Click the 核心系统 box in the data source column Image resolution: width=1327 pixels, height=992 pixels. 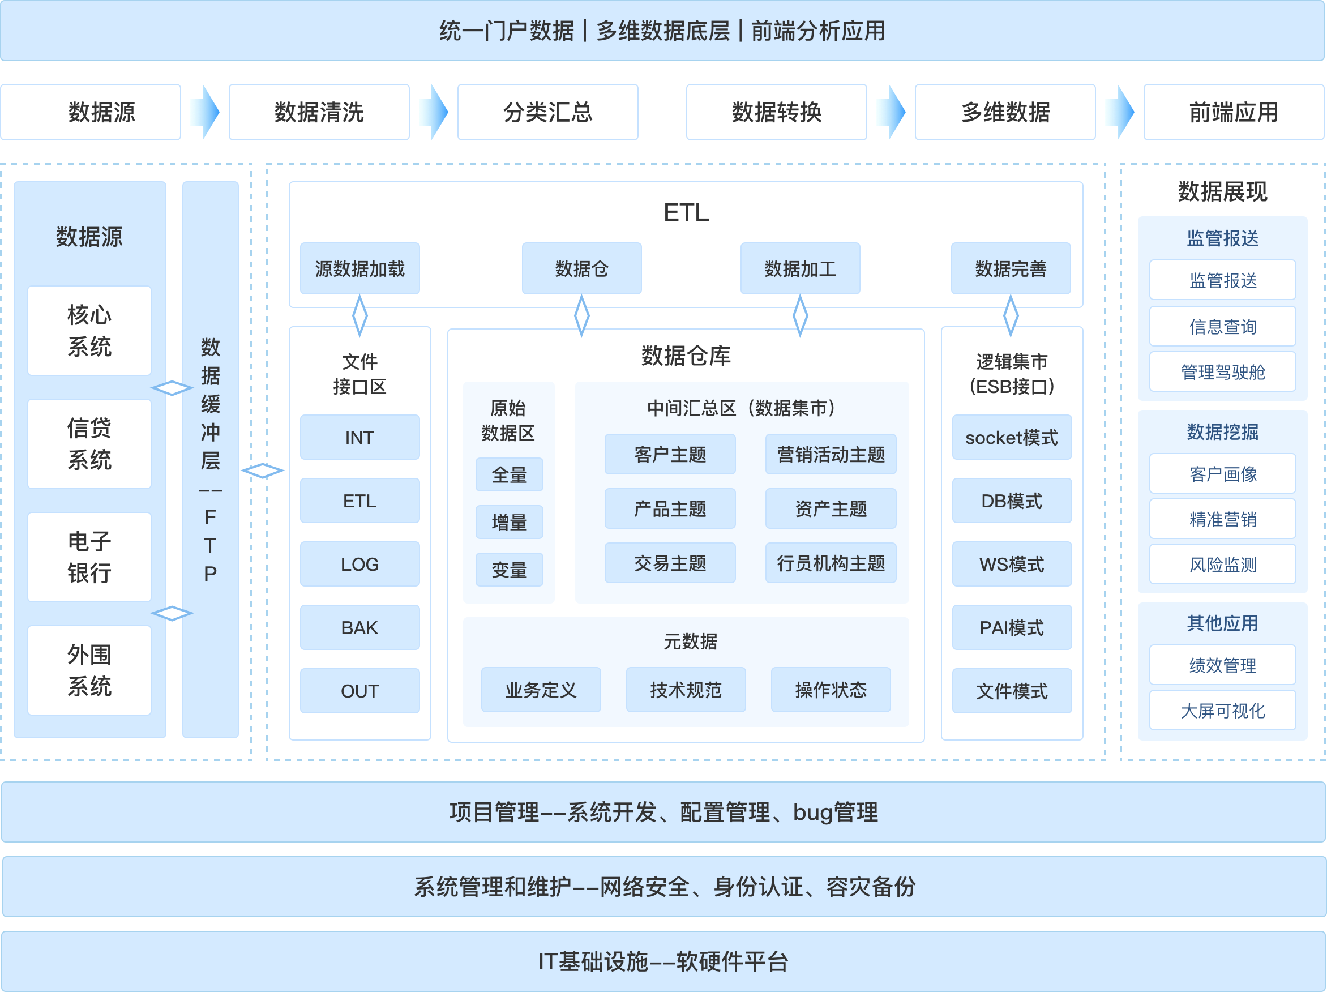click(89, 331)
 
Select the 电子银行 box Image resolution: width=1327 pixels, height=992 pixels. click(89, 557)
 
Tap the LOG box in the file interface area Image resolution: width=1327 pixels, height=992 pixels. click(359, 564)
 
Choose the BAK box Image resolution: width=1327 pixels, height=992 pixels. click(359, 628)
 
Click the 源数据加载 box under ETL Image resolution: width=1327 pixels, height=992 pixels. click(359, 269)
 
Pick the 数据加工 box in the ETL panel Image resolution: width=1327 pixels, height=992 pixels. click(800, 269)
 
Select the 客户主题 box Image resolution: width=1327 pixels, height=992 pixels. click(670, 454)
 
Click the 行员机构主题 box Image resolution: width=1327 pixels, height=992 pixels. click(831, 563)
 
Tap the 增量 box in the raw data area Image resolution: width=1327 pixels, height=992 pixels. click(509, 522)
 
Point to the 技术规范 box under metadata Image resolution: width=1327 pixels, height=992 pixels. click(686, 690)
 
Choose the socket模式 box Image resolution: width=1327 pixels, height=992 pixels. click(1012, 438)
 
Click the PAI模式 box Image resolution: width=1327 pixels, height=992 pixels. click(1012, 628)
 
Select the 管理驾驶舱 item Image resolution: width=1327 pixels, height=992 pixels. click(1222, 372)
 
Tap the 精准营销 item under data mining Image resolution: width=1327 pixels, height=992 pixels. click(1222, 519)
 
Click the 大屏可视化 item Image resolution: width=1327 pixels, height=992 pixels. click(1222, 711)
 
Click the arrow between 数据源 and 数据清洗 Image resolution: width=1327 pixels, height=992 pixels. click(204, 112)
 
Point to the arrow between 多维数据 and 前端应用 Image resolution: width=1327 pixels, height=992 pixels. click(1119, 112)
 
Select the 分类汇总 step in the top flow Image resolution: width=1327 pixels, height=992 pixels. click(547, 112)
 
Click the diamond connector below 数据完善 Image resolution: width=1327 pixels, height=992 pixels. click(1011, 315)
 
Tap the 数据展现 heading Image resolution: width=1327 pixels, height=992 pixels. click(1222, 191)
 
